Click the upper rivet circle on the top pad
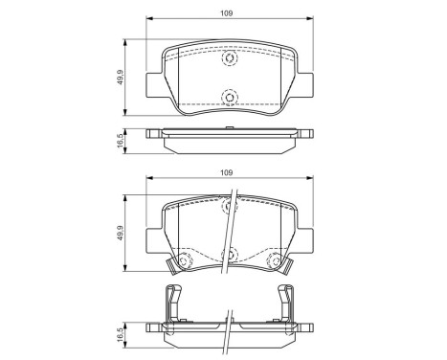click(x=229, y=60)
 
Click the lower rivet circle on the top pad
click(x=229, y=97)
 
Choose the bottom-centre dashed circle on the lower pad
click(x=230, y=254)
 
